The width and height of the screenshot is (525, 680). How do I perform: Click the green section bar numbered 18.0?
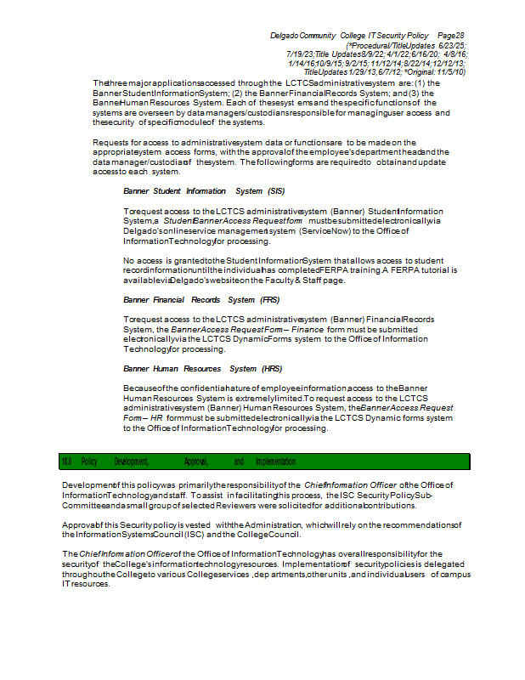coord(263,462)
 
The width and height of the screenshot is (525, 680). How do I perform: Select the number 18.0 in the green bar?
coord(66,462)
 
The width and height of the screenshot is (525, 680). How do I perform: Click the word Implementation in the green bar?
coord(276,462)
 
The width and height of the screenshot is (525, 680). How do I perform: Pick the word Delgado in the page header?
coord(287,35)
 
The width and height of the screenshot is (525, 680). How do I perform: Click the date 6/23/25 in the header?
coord(451,44)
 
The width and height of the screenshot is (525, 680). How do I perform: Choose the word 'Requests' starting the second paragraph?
coord(110,142)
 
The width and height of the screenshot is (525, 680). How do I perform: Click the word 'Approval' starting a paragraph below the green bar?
coord(80,525)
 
